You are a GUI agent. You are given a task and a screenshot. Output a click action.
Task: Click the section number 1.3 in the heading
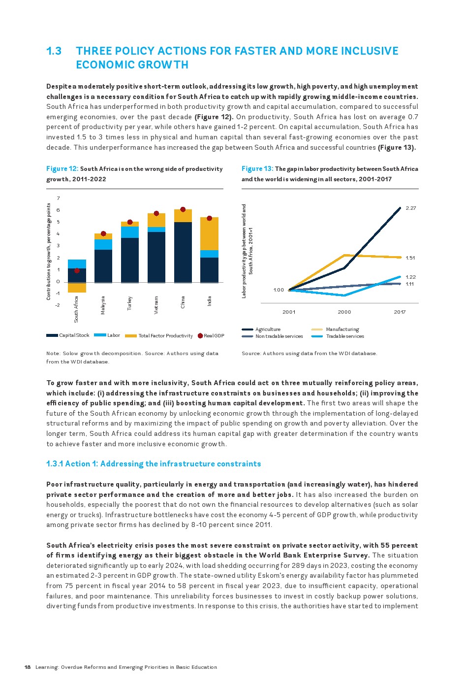[54, 51]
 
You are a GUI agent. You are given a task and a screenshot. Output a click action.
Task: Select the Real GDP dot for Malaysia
[103, 234]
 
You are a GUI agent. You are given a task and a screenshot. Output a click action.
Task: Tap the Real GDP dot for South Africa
[77, 270]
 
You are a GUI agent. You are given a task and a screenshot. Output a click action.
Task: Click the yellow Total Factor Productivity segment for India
[209, 234]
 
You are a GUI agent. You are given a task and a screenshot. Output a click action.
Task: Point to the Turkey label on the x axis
[130, 303]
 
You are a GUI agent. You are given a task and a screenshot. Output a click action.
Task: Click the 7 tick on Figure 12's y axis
[58, 198]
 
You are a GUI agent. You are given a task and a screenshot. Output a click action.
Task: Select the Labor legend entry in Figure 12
[113, 335]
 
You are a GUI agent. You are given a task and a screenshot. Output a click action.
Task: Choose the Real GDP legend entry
[214, 336]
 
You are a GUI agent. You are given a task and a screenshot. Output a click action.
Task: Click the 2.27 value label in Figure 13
[410, 208]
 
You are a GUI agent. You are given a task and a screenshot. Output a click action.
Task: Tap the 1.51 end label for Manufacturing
[410, 258]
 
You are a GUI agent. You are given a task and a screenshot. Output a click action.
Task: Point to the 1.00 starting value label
[279, 290]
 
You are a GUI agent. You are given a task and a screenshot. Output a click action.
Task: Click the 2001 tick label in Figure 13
[289, 312]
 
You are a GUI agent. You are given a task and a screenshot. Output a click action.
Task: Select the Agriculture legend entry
[268, 329]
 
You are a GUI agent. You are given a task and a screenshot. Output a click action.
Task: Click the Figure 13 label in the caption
[257, 169]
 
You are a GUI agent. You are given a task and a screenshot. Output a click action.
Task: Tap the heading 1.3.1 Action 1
[154, 464]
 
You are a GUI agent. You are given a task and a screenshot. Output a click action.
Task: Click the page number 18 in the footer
[28, 667]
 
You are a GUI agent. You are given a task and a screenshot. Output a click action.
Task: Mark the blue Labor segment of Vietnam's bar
[156, 230]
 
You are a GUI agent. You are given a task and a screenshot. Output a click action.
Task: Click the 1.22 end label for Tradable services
[410, 277]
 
